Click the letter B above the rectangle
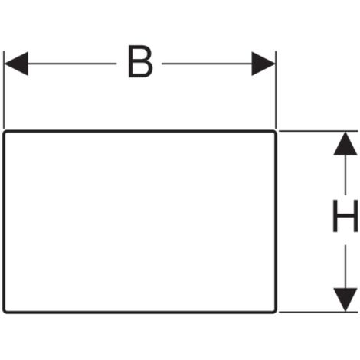pyautogui.click(x=140, y=61)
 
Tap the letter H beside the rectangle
pyautogui.click(x=345, y=216)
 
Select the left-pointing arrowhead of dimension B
pyautogui.click(x=16, y=64)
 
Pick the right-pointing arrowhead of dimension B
pyautogui.click(x=263, y=64)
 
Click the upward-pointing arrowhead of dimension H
pyautogui.click(x=345, y=143)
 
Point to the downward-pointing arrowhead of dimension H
pyautogui.click(x=345, y=299)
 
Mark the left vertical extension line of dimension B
pyautogui.click(x=4, y=90)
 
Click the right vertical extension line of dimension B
pyautogui.click(x=276, y=90)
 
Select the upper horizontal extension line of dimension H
pyautogui.click(x=318, y=131)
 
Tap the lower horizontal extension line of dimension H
pyautogui.click(x=318, y=312)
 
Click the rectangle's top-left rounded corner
pyautogui.click(x=5, y=133)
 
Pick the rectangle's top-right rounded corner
pyautogui.click(x=275, y=133)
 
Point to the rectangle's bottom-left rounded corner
pyautogui.click(x=5, y=311)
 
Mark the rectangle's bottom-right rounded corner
pyautogui.click(x=275, y=311)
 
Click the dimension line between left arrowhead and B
pyautogui.click(x=72, y=64)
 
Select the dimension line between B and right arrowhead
pyautogui.click(x=207, y=64)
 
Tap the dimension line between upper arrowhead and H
pyautogui.click(x=345, y=175)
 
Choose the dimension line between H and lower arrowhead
pyautogui.click(x=345, y=267)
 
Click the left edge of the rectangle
pyautogui.click(x=4, y=221)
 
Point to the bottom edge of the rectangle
pyautogui.click(x=140, y=312)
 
